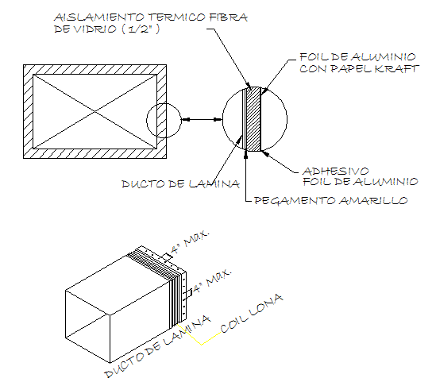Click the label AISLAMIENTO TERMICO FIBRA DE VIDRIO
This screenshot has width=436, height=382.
click(150, 23)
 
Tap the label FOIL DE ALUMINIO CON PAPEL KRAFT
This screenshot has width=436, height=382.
click(359, 63)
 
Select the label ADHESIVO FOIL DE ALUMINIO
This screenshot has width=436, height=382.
click(361, 176)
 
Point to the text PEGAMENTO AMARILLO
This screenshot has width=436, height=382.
click(331, 200)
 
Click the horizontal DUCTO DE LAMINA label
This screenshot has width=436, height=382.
click(181, 184)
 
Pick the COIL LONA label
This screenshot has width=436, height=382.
click(252, 314)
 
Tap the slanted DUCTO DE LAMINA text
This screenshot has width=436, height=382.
click(157, 346)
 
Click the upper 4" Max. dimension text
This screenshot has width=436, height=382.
click(190, 241)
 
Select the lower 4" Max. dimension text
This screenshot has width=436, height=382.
click(212, 280)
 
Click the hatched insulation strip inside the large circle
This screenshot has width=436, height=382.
click(253, 119)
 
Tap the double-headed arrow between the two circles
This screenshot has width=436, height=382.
click(202, 120)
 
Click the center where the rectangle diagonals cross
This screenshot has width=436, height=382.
click(95, 111)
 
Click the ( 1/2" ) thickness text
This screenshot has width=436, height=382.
click(141, 29)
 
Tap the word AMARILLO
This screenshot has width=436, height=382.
click(373, 200)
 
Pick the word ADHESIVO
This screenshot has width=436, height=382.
click(336, 171)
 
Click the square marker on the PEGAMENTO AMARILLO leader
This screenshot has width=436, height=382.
click(245, 157)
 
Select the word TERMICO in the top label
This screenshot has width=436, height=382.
click(176, 17)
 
